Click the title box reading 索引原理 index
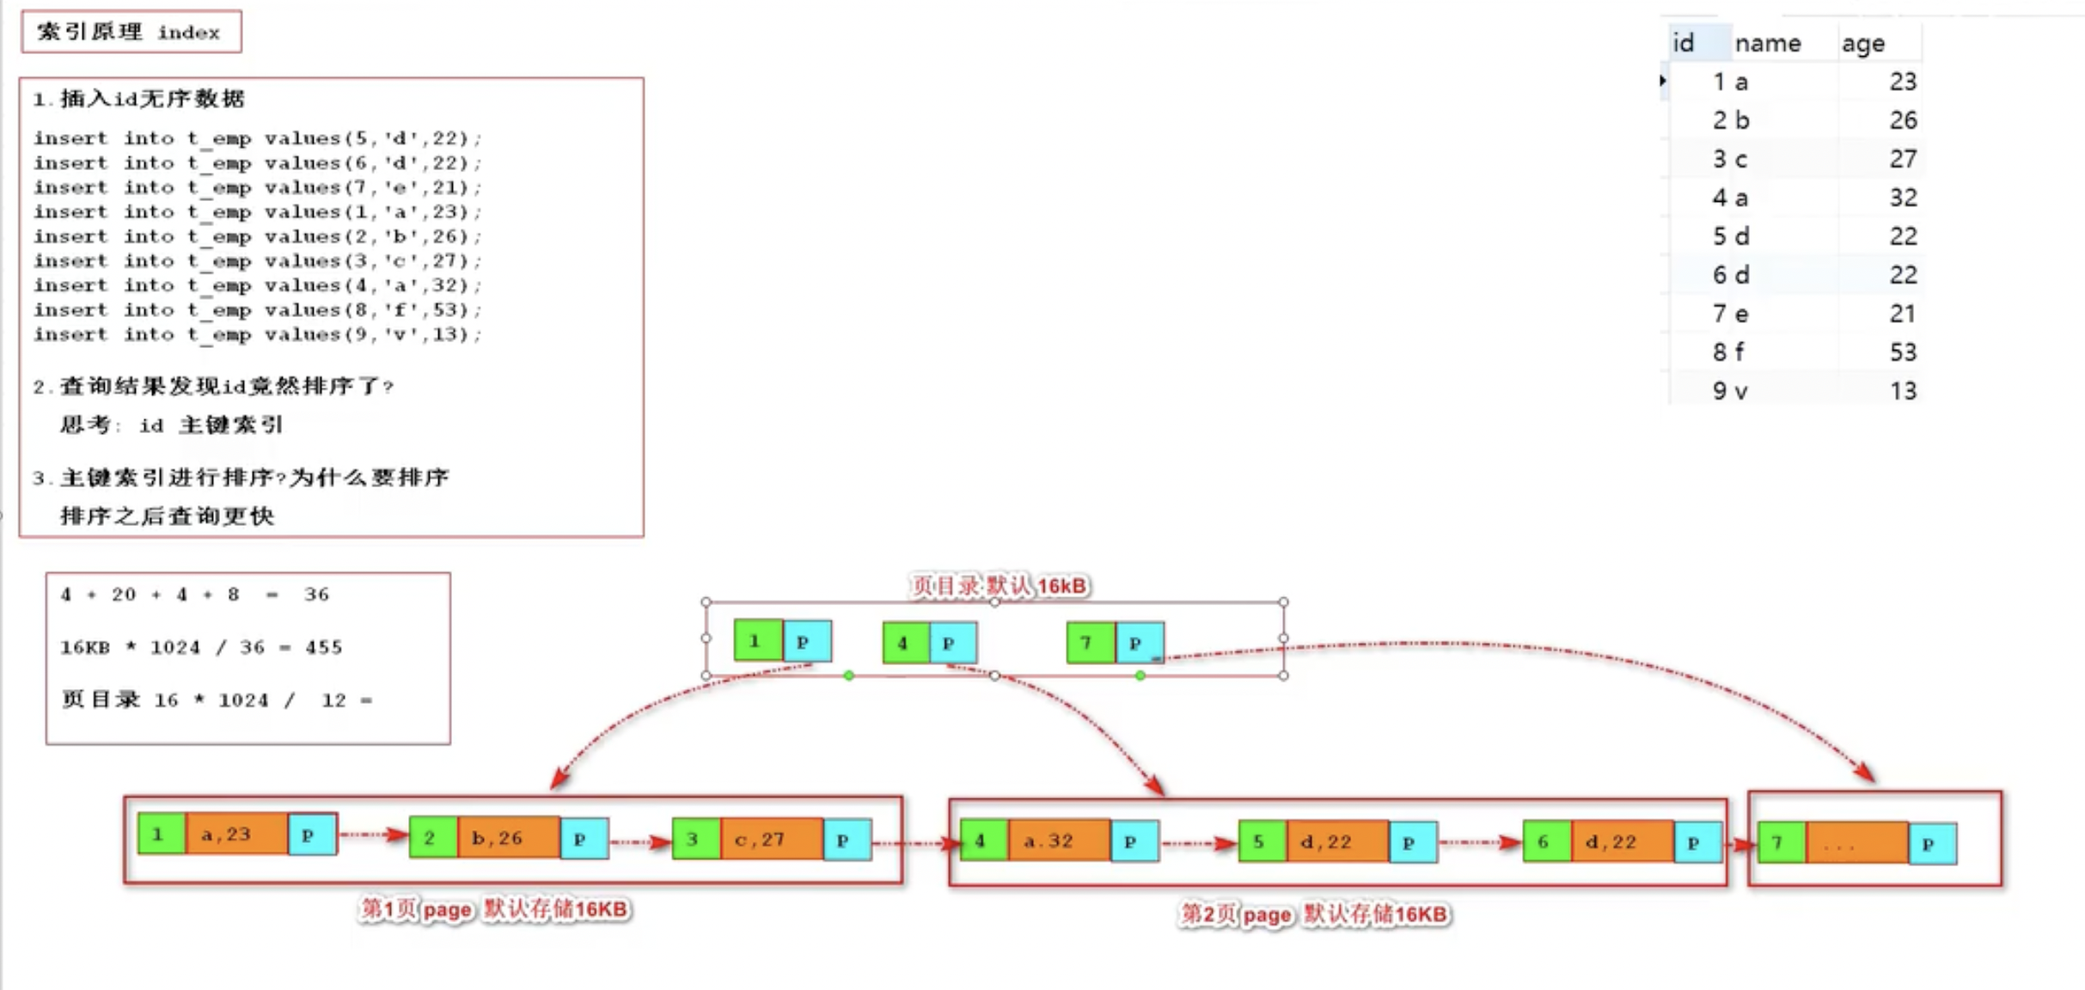coord(131,32)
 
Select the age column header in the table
coord(1862,43)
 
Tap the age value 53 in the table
coord(1902,352)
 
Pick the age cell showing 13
coord(1902,391)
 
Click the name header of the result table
coord(1767,43)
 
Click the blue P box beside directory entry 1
coord(806,641)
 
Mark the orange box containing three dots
coord(1856,844)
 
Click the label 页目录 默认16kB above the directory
coord(999,586)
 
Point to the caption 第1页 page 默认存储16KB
coord(494,909)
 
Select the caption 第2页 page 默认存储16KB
coord(1314,914)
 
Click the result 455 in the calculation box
coord(323,647)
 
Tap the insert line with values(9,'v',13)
coord(257,334)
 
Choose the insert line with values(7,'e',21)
coord(257,187)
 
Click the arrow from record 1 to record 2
coord(373,834)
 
